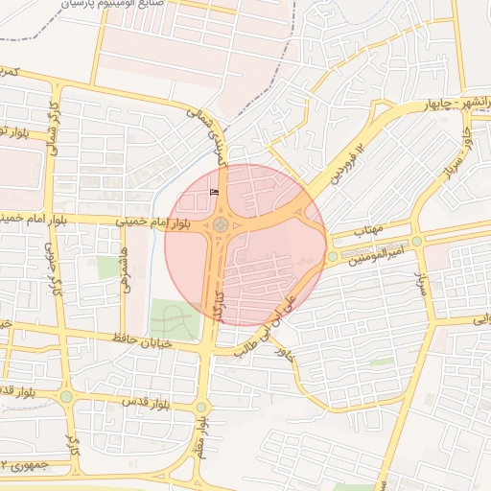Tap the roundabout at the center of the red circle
click(x=221, y=225)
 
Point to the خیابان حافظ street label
click(x=141, y=340)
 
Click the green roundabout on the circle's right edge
click(x=332, y=256)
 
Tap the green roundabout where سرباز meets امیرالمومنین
click(x=417, y=241)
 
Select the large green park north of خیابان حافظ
click(x=175, y=318)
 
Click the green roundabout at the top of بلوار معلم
click(x=201, y=408)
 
